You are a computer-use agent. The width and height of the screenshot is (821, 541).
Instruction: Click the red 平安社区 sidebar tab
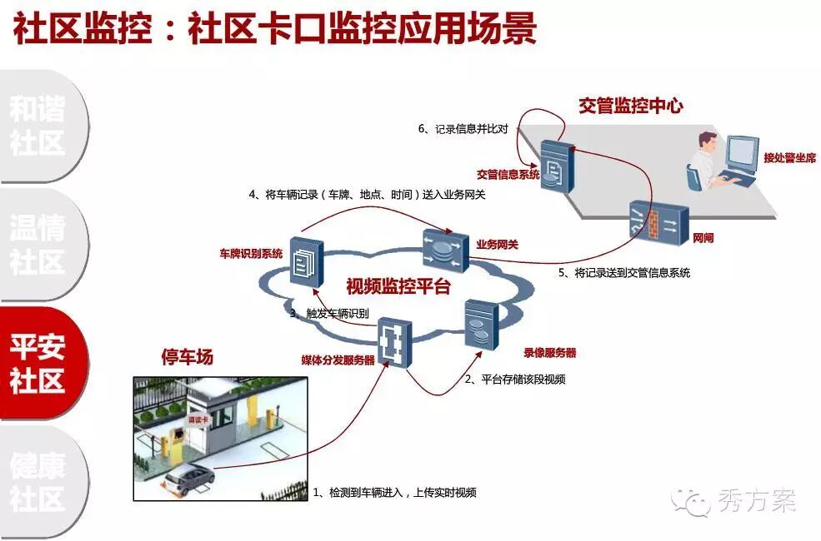coord(38,363)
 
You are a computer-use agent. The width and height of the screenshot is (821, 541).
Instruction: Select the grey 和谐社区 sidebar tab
coord(38,126)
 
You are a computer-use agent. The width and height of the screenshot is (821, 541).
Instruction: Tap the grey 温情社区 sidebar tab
coord(38,245)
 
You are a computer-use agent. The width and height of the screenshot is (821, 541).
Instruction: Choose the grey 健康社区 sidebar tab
coord(38,481)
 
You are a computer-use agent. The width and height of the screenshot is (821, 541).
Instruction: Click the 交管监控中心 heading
coord(631,106)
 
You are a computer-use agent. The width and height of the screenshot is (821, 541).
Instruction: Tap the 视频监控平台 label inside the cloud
coord(398,287)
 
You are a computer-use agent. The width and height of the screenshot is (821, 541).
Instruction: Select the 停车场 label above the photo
coord(187,357)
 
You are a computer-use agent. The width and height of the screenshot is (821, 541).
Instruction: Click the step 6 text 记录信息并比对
coord(471,129)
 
